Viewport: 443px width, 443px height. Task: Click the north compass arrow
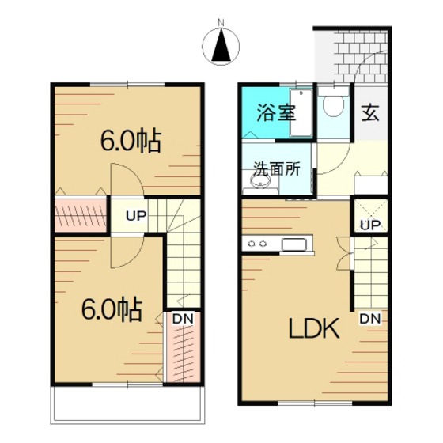(x=221, y=46)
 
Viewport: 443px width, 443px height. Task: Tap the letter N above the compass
(x=221, y=22)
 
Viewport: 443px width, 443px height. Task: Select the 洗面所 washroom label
(x=277, y=168)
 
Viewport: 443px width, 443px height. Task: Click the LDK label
(x=314, y=328)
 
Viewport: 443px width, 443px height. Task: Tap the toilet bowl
(x=333, y=106)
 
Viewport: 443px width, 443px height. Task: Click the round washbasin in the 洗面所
(x=260, y=181)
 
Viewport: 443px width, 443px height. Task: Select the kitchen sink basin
(x=294, y=244)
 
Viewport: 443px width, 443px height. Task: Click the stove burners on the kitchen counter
(x=257, y=244)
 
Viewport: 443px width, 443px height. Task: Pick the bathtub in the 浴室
(x=301, y=113)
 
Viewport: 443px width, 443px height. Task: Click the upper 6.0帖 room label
(x=131, y=141)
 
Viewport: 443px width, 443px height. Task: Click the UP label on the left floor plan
(x=136, y=216)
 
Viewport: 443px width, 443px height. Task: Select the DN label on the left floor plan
(x=183, y=319)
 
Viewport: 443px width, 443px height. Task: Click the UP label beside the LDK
(x=370, y=225)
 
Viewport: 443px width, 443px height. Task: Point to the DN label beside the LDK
(x=370, y=319)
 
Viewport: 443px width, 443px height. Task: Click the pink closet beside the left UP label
(x=81, y=215)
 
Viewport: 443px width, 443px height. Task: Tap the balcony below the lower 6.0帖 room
(x=127, y=404)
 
